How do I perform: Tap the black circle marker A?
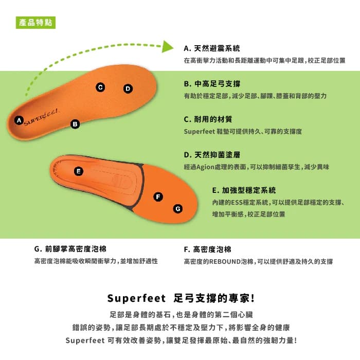[x=19, y=120]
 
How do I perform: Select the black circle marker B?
[x=75, y=123]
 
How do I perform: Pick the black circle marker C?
[x=100, y=87]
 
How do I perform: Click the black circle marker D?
[x=128, y=88]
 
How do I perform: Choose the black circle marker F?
[x=158, y=197]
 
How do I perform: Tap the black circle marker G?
[x=177, y=208]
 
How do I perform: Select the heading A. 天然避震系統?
[x=212, y=49]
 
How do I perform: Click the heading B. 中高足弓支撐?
[x=212, y=84]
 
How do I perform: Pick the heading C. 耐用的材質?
[x=208, y=119]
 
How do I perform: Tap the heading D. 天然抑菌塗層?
[x=212, y=154]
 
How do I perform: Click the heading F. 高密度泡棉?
[x=207, y=249]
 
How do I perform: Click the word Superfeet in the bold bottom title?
[x=136, y=298]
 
